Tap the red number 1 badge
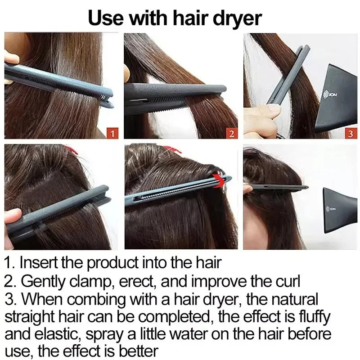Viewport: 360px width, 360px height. [x=112, y=133]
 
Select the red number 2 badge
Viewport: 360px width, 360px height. [x=231, y=133]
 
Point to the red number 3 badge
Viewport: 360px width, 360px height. [x=351, y=133]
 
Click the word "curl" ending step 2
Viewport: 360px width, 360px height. [x=286, y=282]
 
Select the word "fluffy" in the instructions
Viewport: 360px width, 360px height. [x=315, y=317]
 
